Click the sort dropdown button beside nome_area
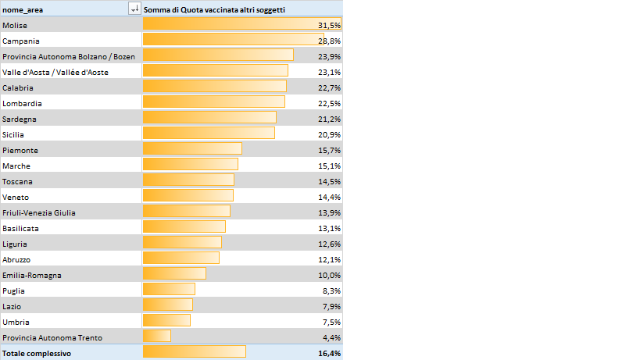click(x=134, y=9)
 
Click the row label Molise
click(x=14, y=25)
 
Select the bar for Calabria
click(x=216, y=87)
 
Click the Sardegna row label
click(x=19, y=119)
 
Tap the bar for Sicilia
click(x=209, y=134)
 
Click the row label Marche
click(x=16, y=166)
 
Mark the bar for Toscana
click(x=188, y=180)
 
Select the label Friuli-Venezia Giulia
click(x=39, y=212)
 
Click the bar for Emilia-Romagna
click(x=174, y=274)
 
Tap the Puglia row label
click(x=13, y=290)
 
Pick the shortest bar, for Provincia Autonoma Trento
click(x=157, y=337)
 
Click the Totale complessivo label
click(x=37, y=353)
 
